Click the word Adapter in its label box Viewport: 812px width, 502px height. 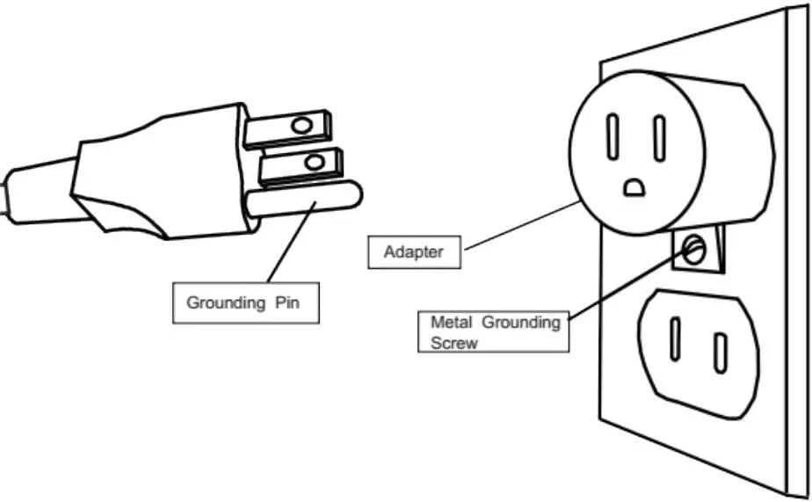point(414,253)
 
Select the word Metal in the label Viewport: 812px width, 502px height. point(450,323)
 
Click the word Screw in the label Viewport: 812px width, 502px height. point(454,343)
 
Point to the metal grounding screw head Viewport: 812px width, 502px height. point(694,251)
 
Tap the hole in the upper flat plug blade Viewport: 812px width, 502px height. point(301,126)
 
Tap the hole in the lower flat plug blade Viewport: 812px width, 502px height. point(310,162)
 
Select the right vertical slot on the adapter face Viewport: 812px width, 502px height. point(658,139)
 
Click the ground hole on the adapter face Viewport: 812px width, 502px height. point(634,186)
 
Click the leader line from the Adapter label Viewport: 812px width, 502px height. point(518,227)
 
